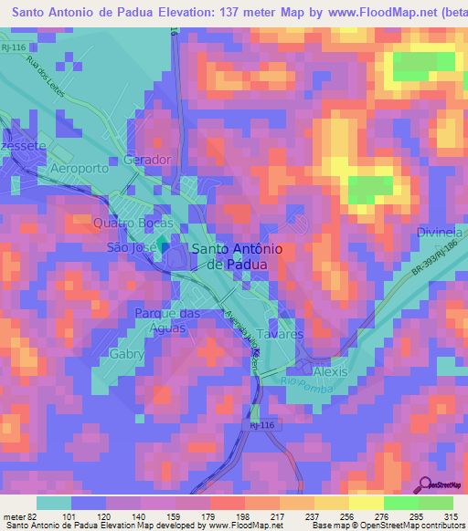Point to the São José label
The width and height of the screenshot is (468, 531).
pyautogui.click(x=129, y=246)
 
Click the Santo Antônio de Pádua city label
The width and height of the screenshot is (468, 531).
pyautogui.click(x=229, y=255)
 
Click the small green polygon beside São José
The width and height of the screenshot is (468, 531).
pyautogui.click(x=163, y=245)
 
